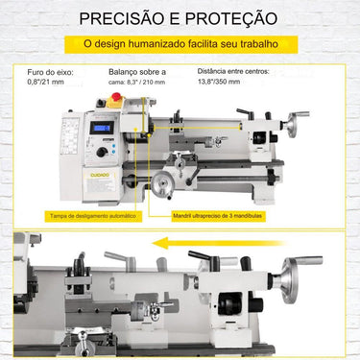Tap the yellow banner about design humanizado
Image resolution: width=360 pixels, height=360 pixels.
pyautogui.click(x=180, y=44)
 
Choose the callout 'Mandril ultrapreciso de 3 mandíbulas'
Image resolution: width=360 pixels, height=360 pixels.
pyautogui.click(x=215, y=216)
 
